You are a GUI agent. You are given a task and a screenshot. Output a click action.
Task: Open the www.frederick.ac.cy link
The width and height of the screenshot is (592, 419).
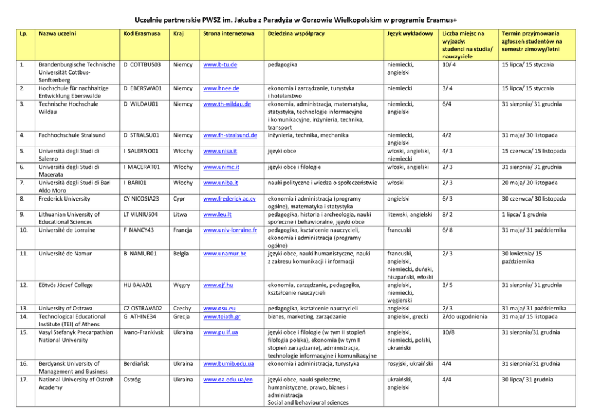(x=230, y=198)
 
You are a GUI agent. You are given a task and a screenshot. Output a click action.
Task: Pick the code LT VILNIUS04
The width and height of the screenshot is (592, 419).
(x=141, y=214)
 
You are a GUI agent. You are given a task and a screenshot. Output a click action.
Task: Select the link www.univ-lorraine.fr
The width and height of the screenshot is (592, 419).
(x=230, y=230)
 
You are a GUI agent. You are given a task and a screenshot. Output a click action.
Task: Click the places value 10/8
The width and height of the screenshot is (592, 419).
(x=448, y=332)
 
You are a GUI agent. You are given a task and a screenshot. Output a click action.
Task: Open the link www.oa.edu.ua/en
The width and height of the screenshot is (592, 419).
(x=228, y=380)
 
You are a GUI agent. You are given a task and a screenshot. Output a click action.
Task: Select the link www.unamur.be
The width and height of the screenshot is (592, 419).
(x=225, y=254)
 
